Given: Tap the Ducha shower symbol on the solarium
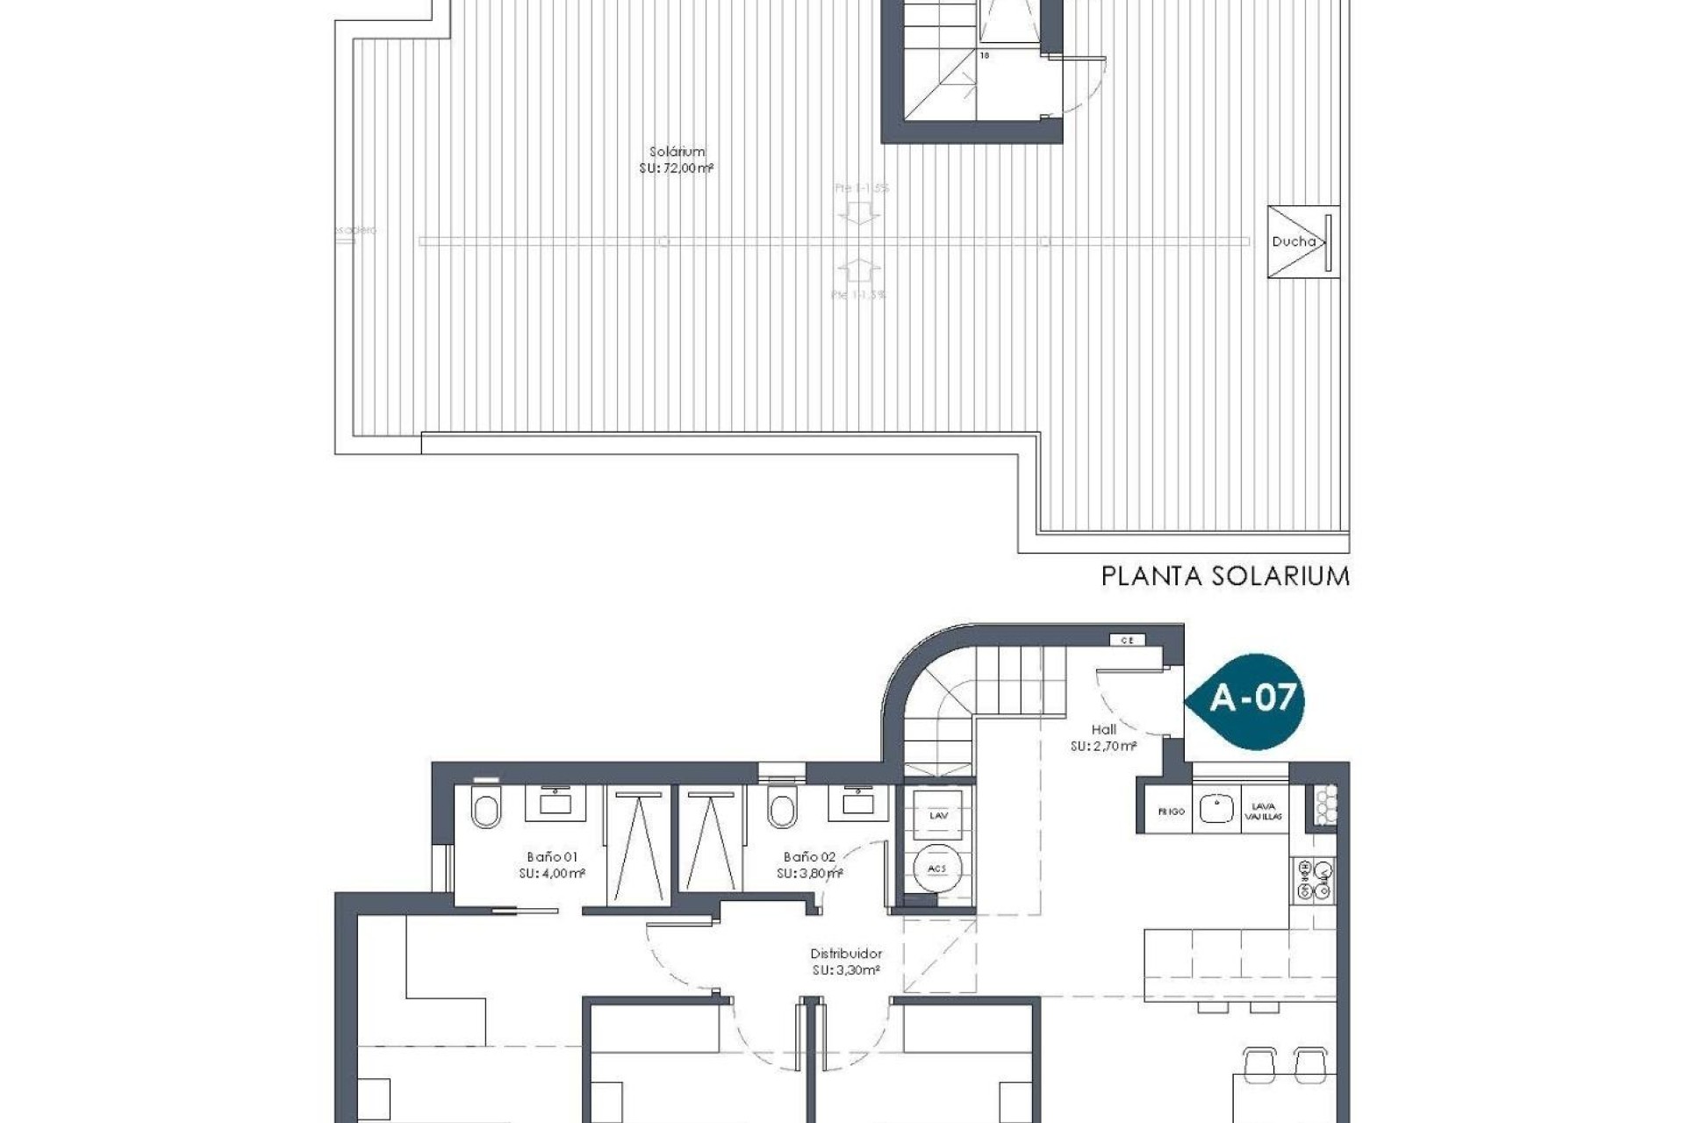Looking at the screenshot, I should pyautogui.click(x=1303, y=241).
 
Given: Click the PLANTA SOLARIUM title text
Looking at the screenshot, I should pyautogui.click(x=1224, y=576).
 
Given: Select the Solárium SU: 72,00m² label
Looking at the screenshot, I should pyautogui.click(x=676, y=160).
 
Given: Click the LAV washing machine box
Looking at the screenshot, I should pyautogui.click(x=938, y=815).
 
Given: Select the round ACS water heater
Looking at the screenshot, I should pyautogui.click(x=937, y=869).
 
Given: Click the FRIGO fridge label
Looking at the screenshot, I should pyautogui.click(x=1171, y=812).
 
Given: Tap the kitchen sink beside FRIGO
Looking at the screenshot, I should pyautogui.click(x=1216, y=808).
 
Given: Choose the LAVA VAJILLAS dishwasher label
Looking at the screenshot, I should pyautogui.click(x=1264, y=811).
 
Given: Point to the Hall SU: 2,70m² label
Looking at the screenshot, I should pyautogui.click(x=1103, y=738).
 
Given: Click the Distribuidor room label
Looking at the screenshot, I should pyautogui.click(x=845, y=962).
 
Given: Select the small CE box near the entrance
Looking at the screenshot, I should pyautogui.click(x=1128, y=640).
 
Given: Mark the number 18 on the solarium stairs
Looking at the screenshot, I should pyautogui.click(x=984, y=55).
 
